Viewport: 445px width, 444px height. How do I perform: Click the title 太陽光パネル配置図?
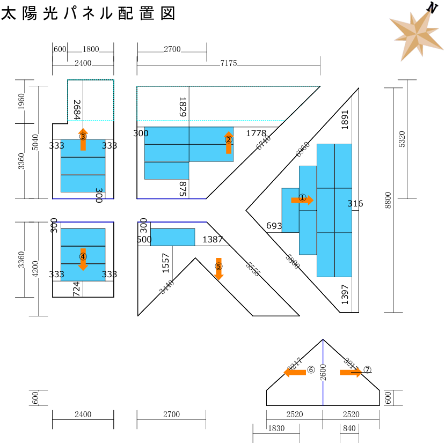(89, 14)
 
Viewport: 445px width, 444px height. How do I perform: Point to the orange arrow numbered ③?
(83, 139)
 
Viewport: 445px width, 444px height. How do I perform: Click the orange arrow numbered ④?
(83, 260)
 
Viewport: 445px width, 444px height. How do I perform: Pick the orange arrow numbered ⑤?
(218, 269)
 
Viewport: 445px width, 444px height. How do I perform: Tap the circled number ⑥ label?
(311, 370)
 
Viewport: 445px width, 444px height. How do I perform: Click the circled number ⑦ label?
(367, 369)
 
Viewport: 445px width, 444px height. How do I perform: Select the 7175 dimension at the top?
(228, 63)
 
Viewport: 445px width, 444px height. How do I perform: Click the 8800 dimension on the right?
(388, 200)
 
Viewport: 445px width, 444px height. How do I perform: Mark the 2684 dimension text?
(76, 110)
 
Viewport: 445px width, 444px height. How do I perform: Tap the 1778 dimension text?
(256, 132)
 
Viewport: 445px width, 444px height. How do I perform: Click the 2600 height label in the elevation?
(323, 372)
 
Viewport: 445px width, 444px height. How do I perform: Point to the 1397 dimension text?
(345, 294)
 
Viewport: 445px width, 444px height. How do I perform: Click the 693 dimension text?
(274, 226)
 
